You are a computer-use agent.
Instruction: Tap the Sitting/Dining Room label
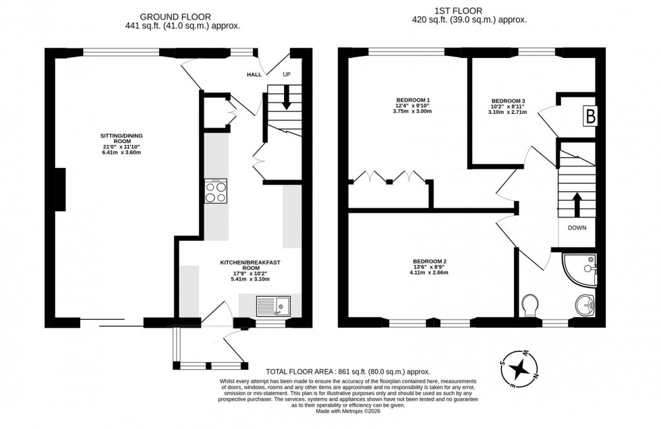(122, 144)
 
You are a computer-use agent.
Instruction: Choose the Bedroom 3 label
(507, 106)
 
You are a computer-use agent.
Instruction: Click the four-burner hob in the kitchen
(216, 191)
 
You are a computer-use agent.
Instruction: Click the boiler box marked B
(590, 116)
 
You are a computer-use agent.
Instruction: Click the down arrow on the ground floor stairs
(286, 98)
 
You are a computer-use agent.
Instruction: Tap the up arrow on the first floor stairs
(577, 202)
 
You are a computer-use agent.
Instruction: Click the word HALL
(254, 75)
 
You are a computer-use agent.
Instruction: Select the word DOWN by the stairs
(577, 228)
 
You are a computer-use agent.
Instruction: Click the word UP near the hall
(287, 75)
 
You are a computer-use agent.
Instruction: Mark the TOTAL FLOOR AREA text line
(348, 372)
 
